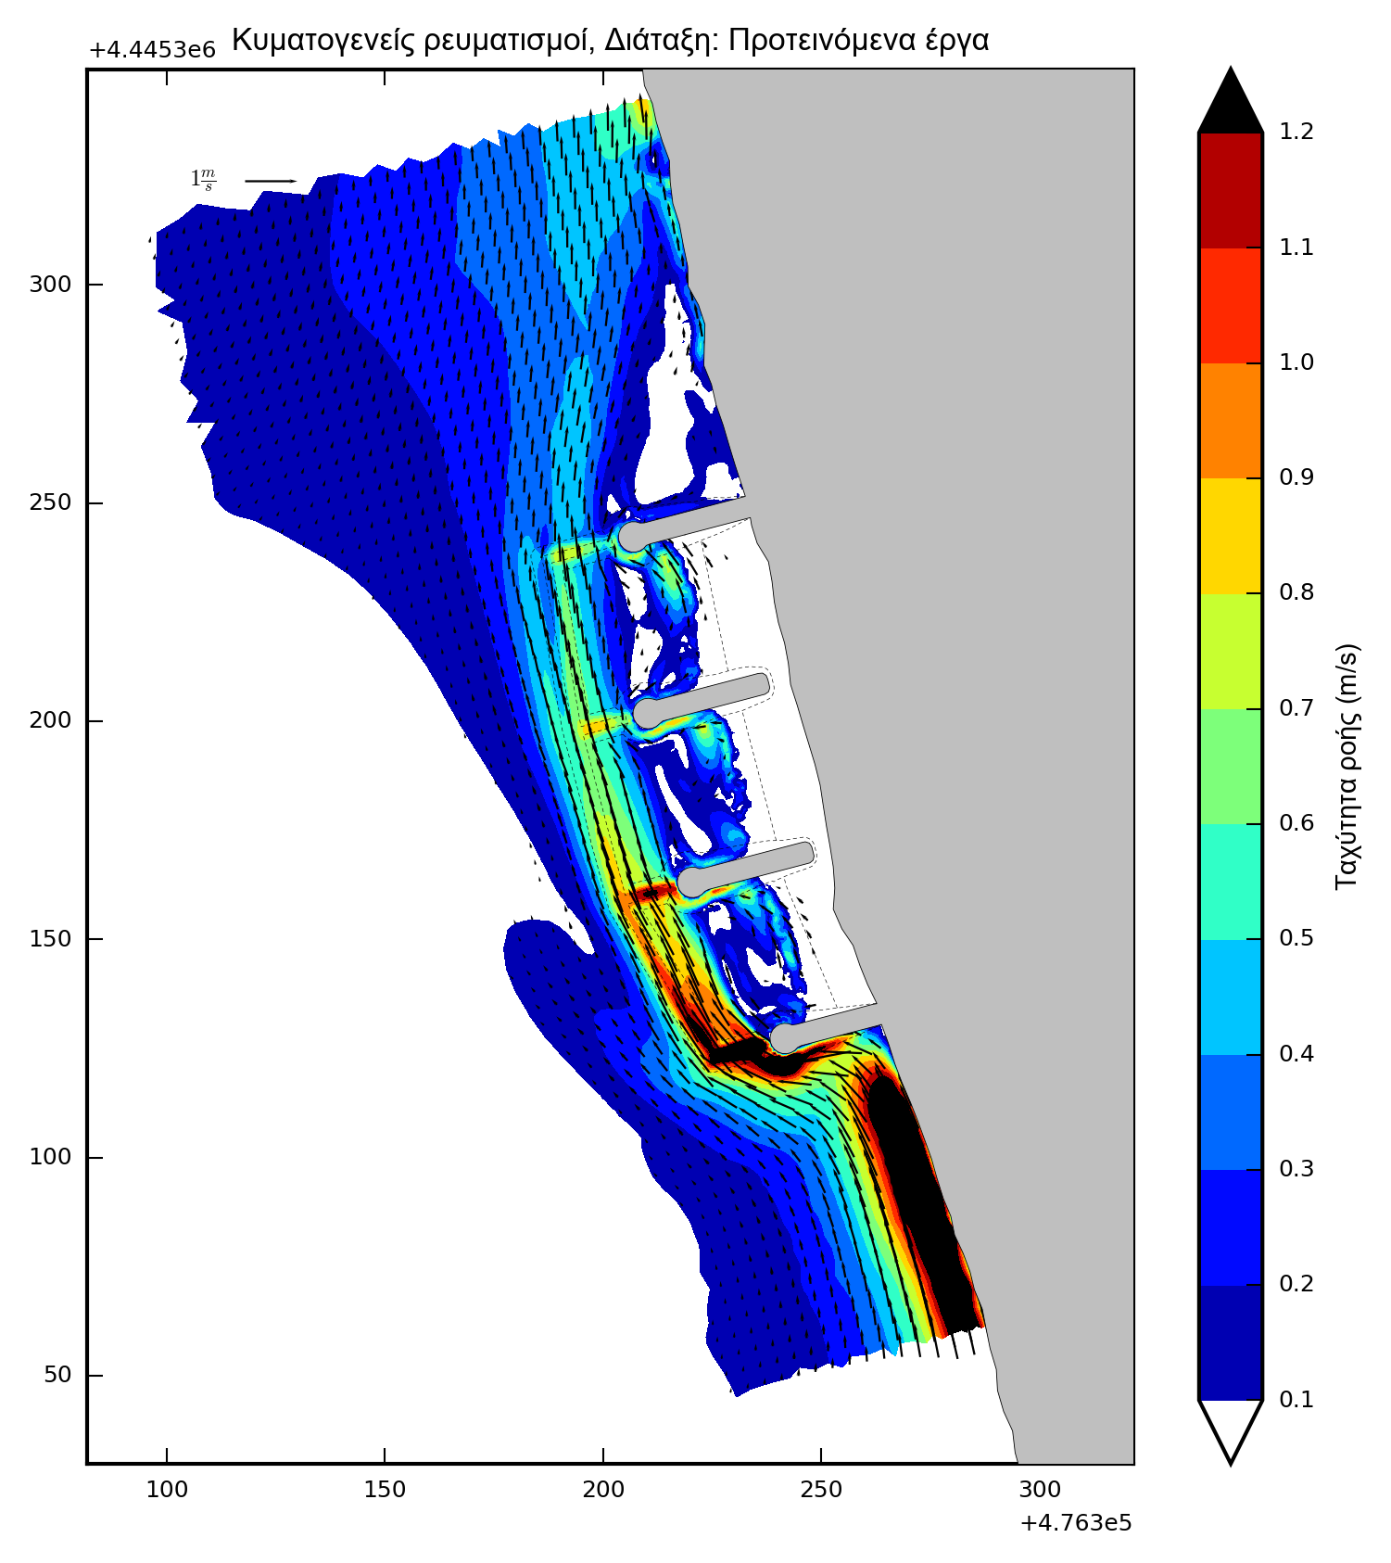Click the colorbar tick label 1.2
click(x=1296, y=132)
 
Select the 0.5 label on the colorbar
click(x=1296, y=938)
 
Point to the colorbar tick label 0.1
click(x=1296, y=1399)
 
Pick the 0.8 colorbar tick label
click(x=1296, y=592)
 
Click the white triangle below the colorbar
click(x=1231, y=1428)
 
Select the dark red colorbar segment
click(x=1231, y=190)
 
